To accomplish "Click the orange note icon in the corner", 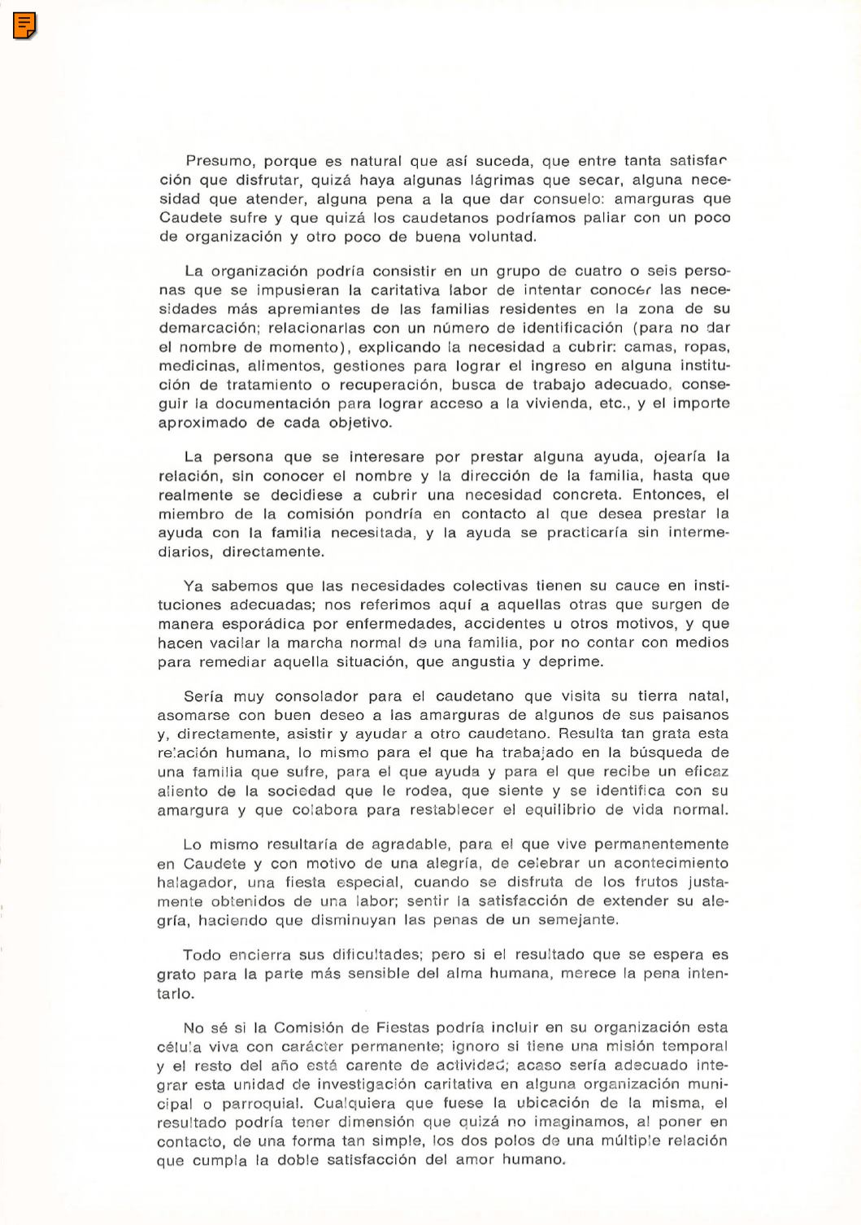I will pyautogui.click(x=25, y=27).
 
